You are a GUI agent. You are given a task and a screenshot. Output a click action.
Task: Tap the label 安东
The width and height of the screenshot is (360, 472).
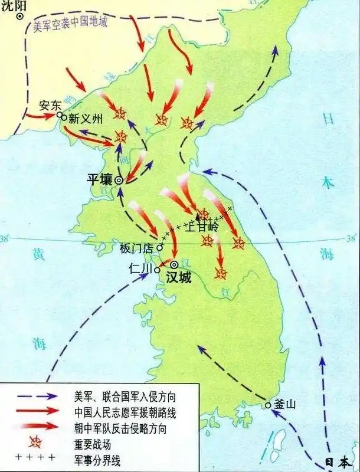click(x=50, y=106)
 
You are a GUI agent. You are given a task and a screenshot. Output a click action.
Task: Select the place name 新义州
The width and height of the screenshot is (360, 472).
click(x=86, y=118)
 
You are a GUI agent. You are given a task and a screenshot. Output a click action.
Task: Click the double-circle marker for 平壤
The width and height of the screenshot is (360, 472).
click(x=119, y=181)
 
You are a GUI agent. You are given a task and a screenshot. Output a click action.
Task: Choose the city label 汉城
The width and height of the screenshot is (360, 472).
click(x=178, y=276)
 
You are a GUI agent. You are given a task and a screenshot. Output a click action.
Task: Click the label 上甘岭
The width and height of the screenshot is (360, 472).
click(x=202, y=225)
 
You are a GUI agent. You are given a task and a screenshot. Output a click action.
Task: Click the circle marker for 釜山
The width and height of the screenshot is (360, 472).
click(x=269, y=405)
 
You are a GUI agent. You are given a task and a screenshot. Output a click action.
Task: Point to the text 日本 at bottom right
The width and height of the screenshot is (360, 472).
click(x=339, y=463)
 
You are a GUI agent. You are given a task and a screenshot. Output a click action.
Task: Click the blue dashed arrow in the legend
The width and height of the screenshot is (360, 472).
click(x=36, y=396)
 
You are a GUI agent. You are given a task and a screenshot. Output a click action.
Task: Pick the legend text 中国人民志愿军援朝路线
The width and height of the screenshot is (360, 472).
click(x=121, y=411)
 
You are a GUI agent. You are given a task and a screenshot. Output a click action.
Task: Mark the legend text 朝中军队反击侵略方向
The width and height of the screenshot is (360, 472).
click(x=116, y=426)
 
